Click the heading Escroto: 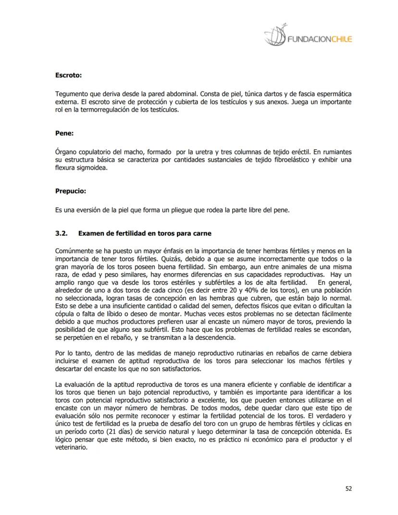[x=68, y=75]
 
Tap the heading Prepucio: [x=71, y=191]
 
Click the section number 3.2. [x=62, y=233]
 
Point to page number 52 [x=348, y=489]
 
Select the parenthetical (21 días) [x=114, y=431]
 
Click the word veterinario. [x=71, y=447]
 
